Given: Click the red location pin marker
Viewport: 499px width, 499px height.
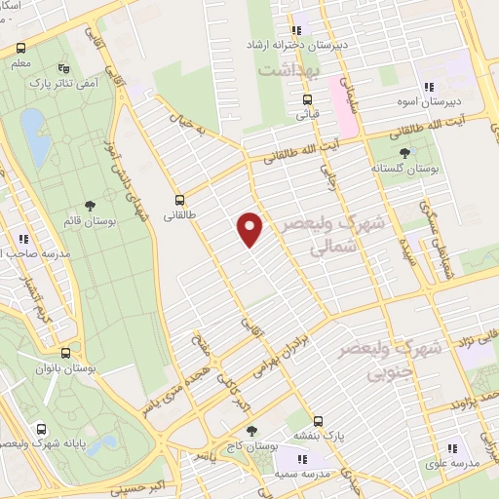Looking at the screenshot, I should point(250,230).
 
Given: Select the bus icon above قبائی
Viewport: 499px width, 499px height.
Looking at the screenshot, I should point(307,98).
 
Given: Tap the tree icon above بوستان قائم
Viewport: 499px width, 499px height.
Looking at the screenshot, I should point(91,206).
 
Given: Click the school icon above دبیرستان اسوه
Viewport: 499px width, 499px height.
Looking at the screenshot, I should point(426,86).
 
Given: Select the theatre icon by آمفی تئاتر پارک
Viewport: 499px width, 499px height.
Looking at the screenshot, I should point(64,68).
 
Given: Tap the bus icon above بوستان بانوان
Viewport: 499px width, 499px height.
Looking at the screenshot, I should point(65,354).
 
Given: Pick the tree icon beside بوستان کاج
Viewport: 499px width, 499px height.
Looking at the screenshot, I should point(251,431).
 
